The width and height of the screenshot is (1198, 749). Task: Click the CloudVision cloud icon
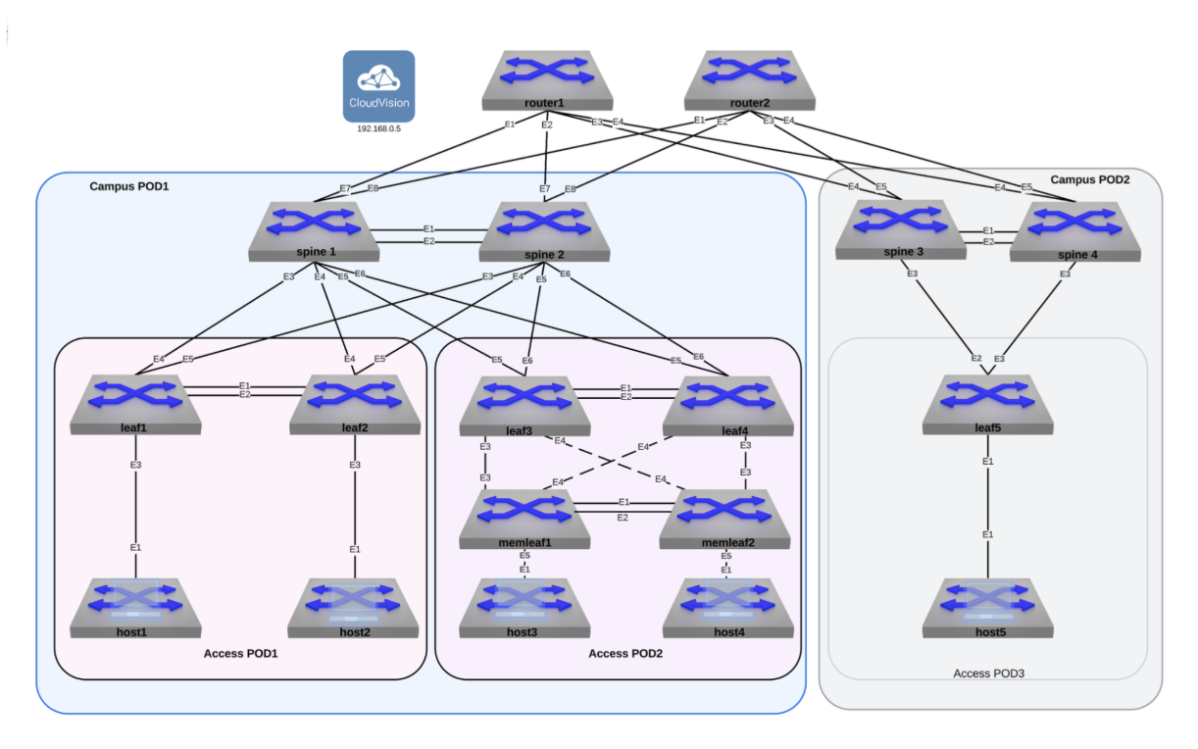coord(378,86)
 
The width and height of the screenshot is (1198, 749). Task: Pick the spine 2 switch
coord(545,231)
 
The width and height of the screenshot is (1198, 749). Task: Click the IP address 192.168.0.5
coord(378,128)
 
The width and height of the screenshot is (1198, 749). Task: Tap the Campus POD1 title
coord(129,185)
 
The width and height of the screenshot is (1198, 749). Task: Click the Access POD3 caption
coord(988,674)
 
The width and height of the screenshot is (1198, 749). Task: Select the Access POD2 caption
coord(625,653)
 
